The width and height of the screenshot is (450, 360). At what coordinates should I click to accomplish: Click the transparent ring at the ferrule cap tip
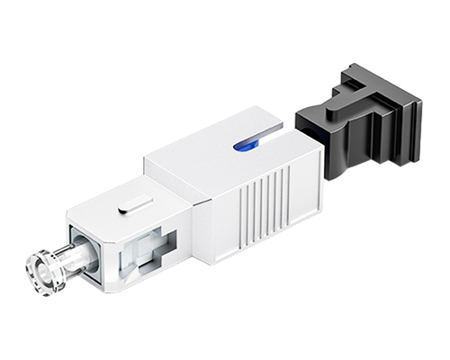pos(40,265)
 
